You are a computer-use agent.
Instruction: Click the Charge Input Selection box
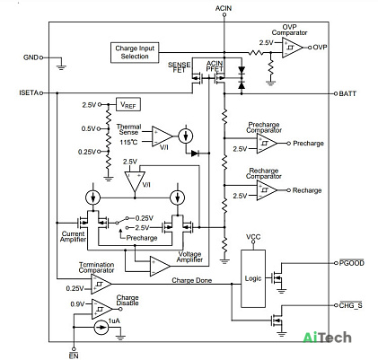135,53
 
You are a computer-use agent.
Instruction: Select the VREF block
128,105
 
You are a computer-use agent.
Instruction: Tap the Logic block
253,278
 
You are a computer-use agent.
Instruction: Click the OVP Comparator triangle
292,48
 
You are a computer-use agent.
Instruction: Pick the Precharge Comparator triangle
267,144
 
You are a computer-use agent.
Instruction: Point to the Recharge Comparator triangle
267,190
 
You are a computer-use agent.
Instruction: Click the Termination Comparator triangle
101,284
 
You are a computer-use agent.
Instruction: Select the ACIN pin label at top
224,8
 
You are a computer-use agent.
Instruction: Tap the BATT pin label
347,93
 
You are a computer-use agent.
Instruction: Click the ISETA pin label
29,92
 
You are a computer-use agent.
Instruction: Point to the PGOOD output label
352,263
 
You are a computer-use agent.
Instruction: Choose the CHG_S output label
351,305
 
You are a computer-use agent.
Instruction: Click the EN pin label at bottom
74,356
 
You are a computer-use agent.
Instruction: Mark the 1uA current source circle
101,328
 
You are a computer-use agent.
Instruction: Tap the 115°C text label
128,142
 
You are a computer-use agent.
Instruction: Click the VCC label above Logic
253,237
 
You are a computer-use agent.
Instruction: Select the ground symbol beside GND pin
61,67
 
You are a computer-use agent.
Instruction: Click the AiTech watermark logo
327,338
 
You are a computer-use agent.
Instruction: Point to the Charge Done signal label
192,280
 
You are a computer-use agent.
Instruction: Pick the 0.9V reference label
77,304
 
